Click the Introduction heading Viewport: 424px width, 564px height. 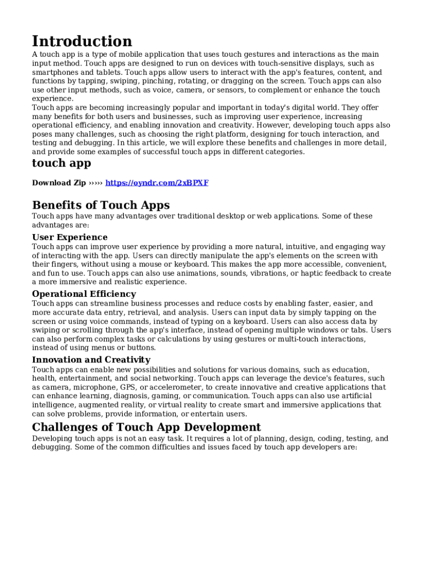pos(82,41)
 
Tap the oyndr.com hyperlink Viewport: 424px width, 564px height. pos(157,183)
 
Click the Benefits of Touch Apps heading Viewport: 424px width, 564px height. pos(101,205)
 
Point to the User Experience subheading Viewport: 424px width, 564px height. pos(70,237)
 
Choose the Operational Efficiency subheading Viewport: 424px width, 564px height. pos(84,294)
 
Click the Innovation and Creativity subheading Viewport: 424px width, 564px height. pos(91,360)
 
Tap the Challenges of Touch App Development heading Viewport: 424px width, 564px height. pos(146,427)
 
